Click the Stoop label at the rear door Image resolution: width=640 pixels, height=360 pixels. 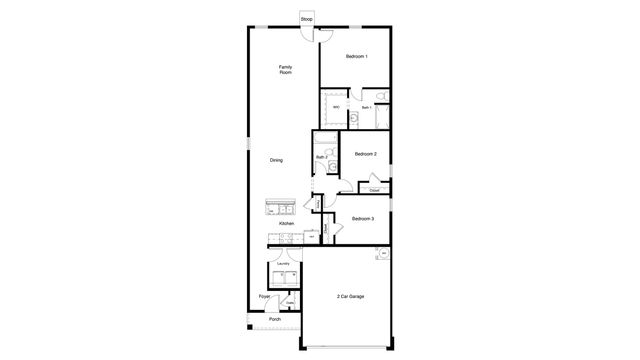point(306,18)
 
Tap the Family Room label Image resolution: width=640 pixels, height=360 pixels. point(285,70)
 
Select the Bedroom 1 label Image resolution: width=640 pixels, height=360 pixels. point(358,57)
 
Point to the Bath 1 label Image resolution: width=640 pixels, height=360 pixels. point(366,107)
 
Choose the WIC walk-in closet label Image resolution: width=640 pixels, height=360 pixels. point(336,107)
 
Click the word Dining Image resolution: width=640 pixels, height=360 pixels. point(276,160)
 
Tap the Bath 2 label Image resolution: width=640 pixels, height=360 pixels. point(322,157)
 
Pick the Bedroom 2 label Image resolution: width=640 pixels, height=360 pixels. point(365,153)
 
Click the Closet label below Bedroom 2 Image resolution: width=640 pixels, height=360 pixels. point(374,189)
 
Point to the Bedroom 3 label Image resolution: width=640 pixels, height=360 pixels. point(363,218)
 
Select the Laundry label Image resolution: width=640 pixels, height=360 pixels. point(282,264)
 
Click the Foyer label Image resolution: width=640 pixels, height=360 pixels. point(264,297)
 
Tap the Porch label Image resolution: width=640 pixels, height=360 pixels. point(274,319)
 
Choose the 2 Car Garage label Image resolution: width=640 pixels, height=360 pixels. point(351,297)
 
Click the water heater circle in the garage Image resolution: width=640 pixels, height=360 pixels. point(382,254)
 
